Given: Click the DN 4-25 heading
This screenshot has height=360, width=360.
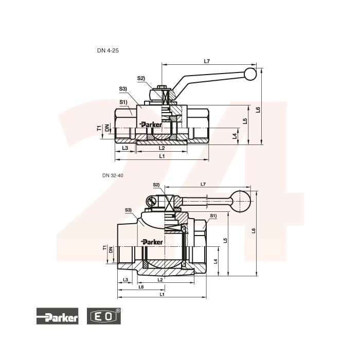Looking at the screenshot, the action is (108, 50).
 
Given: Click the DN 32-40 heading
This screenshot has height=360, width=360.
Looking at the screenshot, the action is (113, 176).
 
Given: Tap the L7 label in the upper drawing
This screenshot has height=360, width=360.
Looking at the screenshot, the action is (207, 61).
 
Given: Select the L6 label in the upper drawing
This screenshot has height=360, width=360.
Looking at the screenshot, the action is (258, 110).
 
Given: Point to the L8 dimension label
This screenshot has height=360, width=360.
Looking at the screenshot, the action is (141, 287).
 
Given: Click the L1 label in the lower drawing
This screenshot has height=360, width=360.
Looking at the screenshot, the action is (162, 294).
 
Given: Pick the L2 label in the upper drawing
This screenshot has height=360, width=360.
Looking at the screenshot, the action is (162, 148).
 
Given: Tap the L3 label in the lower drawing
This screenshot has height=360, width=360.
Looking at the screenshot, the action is (125, 280).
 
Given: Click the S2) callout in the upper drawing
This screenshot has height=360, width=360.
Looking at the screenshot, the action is (141, 78).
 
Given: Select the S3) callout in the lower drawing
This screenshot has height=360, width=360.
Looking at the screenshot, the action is (129, 210).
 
